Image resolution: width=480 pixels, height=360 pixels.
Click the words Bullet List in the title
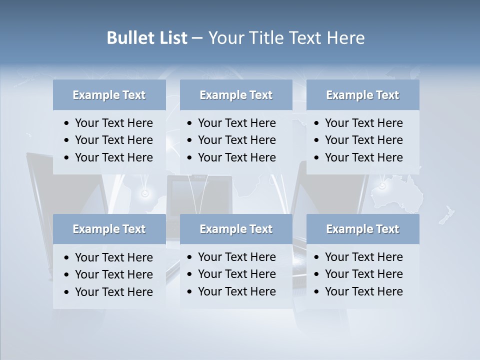pyautogui.click(x=146, y=38)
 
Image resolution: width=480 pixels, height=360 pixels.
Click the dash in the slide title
pyautogui.click(x=197, y=38)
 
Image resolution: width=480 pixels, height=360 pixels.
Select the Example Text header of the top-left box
pyautogui.click(x=109, y=95)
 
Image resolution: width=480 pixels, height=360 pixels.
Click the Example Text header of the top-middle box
pyautogui.click(x=236, y=95)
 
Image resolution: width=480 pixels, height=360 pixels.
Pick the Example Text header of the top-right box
pyautogui.click(x=362, y=95)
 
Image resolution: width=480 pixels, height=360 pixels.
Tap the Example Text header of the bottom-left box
pyautogui.click(x=109, y=229)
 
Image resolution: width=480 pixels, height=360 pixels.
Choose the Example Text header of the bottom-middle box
pyautogui.click(x=236, y=229)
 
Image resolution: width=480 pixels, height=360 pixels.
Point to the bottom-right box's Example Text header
pyautogui.click(x=362, y=229)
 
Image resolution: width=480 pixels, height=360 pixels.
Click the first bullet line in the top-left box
pyautogui.click(x=113, y=123)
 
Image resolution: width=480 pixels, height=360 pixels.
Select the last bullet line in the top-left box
pyautogui.click(x=113, y=157)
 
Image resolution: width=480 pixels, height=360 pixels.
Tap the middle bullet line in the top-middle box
pyautogui.click(x=236, y=140)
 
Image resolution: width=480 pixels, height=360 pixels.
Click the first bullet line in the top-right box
pyautogui.click(x=363, y=123)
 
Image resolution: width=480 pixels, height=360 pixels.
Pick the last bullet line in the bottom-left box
pyautogui.click(x=113, y=292)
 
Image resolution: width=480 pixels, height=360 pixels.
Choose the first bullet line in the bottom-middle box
pyautogui.click(x=236, y=257)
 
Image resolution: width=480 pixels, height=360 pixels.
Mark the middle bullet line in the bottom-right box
pyautogui.click(x=363, y=274)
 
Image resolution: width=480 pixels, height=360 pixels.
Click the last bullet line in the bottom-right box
pyautogui.click(x=363, y=291)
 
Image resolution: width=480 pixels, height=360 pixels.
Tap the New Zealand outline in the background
pyautogui.click(x=446, y=214)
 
